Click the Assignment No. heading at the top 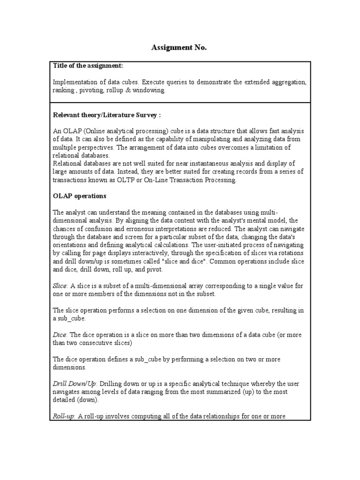tap(179, 48)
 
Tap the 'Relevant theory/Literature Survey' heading tap(107, 115)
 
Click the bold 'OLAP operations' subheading tap(80, 195)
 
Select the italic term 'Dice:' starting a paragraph tap(60, 335)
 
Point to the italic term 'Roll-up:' tap(64, 416)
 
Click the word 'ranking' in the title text tap(63, 90)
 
